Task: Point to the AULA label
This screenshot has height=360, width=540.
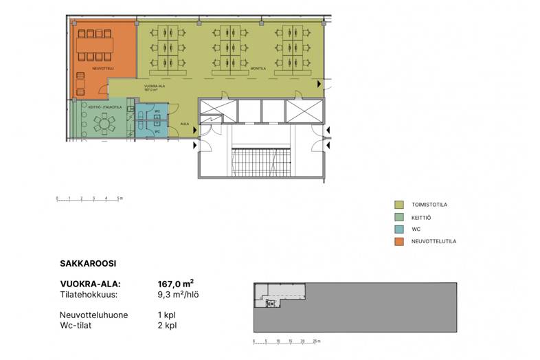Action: [x=184, y=124]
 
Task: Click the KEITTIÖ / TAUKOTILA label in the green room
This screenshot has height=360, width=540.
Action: [x=105, y=107]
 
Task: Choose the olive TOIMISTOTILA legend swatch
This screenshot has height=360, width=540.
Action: [x=399, y=205]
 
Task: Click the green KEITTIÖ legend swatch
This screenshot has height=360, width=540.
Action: [x=399, y=217]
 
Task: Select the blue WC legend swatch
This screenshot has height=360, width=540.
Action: [x=399, y=229]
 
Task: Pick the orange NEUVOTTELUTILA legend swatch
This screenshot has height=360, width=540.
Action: [x=399, y=242]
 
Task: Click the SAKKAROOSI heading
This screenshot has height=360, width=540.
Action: [x=88, y=262]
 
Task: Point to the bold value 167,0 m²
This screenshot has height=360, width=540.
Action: [x=176, y=283]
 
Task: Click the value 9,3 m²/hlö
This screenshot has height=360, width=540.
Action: [x=179, y=295]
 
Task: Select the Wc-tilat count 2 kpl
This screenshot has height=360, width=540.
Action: [x=167, y=325]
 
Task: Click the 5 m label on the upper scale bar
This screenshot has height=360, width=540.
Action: [x=120, y=199]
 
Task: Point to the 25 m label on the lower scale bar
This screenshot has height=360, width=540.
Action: [x=315, y=341]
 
